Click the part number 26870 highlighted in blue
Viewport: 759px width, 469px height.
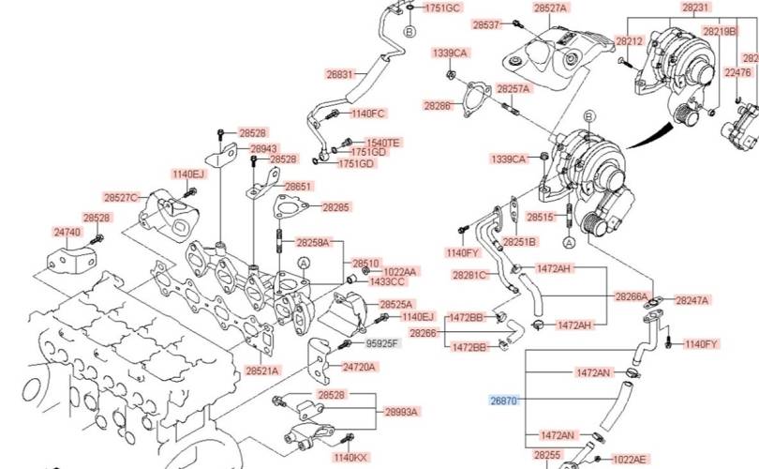pyautogui.click(x=503, y=401)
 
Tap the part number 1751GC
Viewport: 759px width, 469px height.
pyautogui.click(x=443, y=8)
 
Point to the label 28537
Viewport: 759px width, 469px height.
pyautogui.click(x=487, y=23)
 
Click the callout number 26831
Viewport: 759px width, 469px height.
pyautogui.click(x=340, y=74)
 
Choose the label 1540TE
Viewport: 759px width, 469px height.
pyautogui.click(x=382, y=143)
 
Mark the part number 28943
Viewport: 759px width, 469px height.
pyautogui.click(x=264, y=148)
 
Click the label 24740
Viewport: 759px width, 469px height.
pyautogui.click(x=67, y=231)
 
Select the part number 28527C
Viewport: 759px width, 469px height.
pyautogui.click(x=122, y=198)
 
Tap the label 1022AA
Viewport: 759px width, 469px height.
pyautogui.click(x=401, y=271)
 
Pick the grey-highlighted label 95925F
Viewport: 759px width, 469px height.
pyautogui.click(x=382, y=344)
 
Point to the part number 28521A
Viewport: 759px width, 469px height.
pyautogui.click(x=263, y=371)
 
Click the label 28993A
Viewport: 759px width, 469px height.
pyautogui.click(x=401, y=412)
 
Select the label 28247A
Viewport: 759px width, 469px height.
pyautogui.click(x=692, y=299)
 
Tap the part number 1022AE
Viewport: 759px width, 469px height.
pyautogui.click(x=630, y=460)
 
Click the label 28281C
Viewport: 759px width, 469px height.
pyautogui.click(x=469, y=276)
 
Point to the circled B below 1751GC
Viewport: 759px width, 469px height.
pyautogui.click(x=409, y=32)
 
